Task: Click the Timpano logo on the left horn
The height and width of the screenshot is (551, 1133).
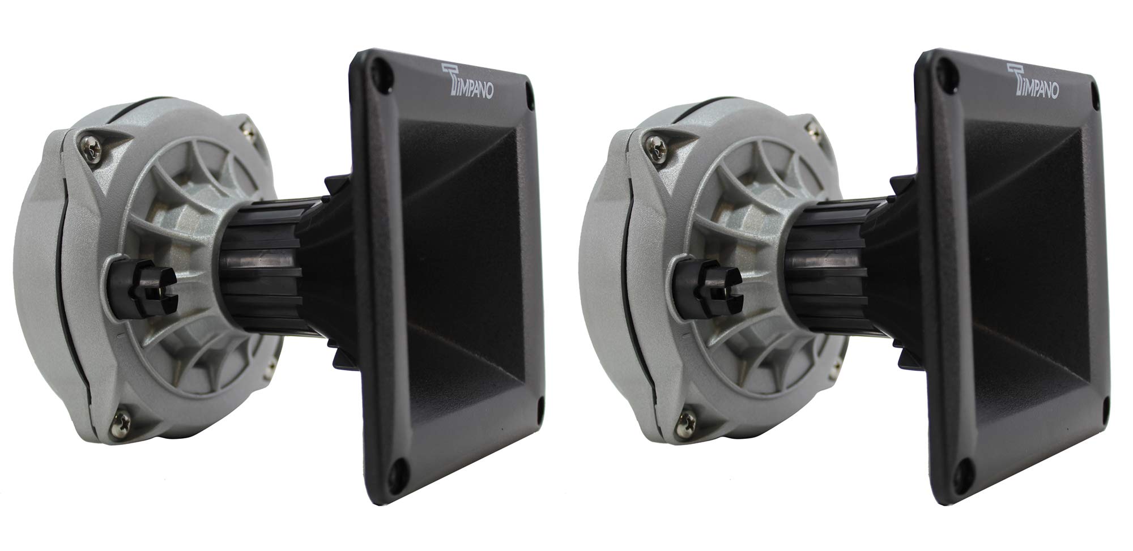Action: click(466, 83)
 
